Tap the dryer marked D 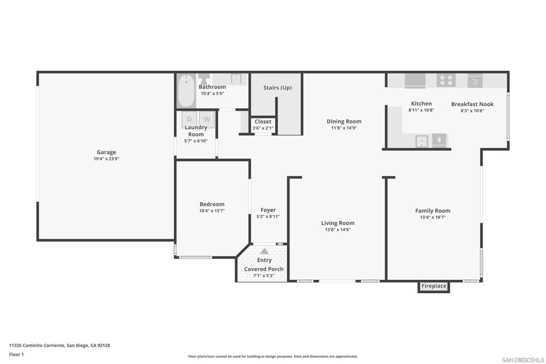coord(189,119)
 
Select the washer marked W coord(207,119)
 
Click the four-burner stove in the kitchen coord(446,80)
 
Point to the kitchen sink coord(422,141)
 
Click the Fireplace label coord(433,287)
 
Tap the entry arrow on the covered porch coord(264,251)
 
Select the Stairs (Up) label coord(277,87)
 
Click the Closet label coord(262,122)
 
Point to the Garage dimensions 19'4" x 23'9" coord(106,159)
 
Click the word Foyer coord(268,210)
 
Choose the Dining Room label coord(344,122)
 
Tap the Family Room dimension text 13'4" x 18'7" coord(432,217)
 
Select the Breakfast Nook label coord(472,104)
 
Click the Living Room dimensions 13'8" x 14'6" coord(338,230)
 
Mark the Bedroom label coord(212,204)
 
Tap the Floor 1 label coord(17,354)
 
